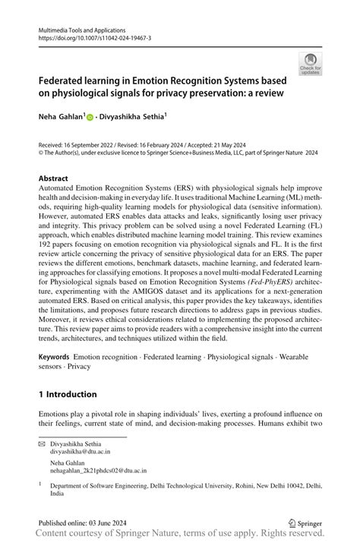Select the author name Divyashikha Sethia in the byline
[x=131, y=117]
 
